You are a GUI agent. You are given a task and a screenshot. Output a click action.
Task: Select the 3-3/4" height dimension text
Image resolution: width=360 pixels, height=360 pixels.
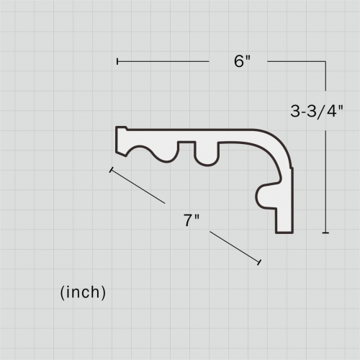point(318,111)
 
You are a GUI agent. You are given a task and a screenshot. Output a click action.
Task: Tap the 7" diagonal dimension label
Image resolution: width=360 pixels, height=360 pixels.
point(191,221)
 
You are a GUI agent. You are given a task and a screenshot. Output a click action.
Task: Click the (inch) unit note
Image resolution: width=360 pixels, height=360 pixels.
point(82,292)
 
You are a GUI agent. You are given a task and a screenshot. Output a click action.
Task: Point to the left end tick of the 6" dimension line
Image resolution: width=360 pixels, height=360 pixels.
point(117,62)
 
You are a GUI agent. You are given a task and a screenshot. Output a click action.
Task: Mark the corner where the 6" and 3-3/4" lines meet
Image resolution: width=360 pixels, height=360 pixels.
point(326,62)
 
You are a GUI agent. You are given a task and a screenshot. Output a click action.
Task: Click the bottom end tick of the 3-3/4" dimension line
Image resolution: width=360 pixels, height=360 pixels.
point(326,233)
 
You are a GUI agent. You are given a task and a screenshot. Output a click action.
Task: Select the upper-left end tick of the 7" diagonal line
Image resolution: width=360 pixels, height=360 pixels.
point(111,171)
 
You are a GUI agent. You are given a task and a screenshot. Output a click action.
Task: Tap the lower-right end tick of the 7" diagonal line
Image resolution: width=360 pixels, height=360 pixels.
point(258,262)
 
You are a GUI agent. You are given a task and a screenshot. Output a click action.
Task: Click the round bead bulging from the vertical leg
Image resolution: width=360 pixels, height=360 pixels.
point(265,194)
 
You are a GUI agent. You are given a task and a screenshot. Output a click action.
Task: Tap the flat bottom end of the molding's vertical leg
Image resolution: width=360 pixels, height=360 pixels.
point(286,232)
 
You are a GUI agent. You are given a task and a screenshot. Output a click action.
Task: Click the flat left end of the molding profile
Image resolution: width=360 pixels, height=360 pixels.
point(117,140)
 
